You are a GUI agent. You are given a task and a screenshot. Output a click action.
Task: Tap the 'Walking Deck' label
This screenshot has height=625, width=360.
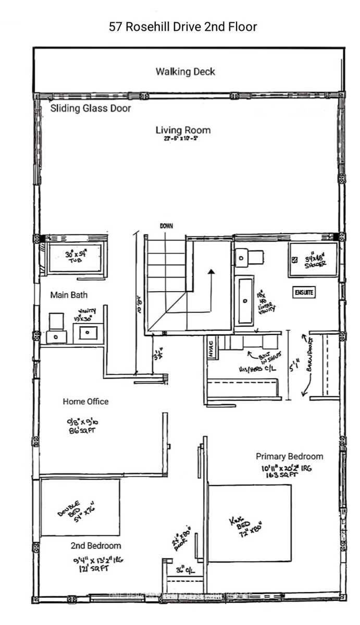click(185, 71)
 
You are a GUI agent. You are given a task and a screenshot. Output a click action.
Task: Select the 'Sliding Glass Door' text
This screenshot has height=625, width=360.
click(90, 108)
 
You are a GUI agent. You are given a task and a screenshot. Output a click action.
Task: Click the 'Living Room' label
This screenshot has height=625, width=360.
click(183, 130)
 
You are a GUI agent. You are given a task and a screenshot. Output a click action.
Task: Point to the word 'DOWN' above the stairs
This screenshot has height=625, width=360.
click(166, 226)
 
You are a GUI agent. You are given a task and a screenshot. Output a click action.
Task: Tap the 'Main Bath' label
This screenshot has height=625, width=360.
click(68, 295)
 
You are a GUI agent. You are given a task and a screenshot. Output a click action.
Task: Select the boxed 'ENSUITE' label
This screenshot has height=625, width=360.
click(304, 293)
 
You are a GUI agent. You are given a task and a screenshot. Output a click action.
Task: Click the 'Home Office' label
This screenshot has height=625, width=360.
click(85, 402)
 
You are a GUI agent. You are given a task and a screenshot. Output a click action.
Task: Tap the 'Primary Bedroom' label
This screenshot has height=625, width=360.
click(289, 456)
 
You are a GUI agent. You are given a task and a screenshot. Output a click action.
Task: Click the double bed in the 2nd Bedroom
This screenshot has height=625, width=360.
click(80, 507)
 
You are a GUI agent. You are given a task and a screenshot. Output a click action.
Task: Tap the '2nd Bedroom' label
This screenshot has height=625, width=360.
click(96, 546)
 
